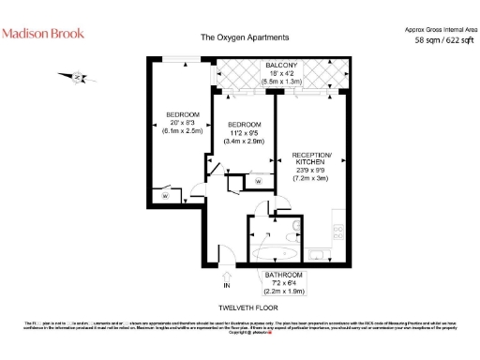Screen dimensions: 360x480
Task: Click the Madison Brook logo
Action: pyautogui.click(x=43, y=33)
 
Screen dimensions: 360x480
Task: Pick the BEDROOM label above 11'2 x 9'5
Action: pyautogui.click(x=243, y=125)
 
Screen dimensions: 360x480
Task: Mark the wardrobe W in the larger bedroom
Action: pyautogui.click(x=165, y=197)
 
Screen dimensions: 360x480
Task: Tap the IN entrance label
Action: pyautogui.click(x=226, y=284)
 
